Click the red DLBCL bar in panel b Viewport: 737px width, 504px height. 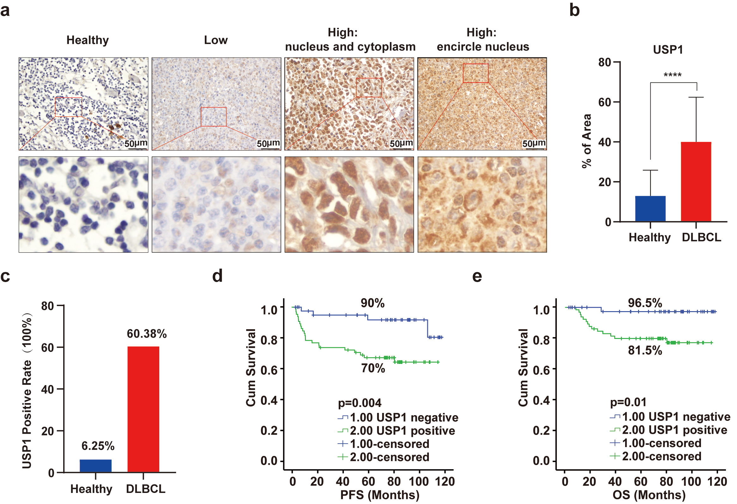696,181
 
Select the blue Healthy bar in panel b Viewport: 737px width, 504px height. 650,208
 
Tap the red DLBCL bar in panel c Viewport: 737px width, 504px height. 143,409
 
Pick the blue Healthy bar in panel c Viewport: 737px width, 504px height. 95,465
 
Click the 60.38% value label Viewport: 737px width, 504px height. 147,334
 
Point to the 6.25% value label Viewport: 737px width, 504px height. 98,446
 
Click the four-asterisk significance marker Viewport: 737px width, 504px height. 672,76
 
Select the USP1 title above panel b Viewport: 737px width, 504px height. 667,50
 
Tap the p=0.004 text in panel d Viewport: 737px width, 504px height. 360,403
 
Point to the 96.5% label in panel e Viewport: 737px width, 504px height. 645,303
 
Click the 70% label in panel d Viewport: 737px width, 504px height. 373,368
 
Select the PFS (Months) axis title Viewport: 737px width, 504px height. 380,495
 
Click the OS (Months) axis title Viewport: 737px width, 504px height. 649,495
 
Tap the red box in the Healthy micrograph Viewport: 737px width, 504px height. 69,107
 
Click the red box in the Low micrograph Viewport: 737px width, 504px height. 213,117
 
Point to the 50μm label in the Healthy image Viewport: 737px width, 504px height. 135,144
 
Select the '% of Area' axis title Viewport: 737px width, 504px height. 587,141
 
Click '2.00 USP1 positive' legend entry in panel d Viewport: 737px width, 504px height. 402,431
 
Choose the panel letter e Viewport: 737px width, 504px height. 477,276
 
